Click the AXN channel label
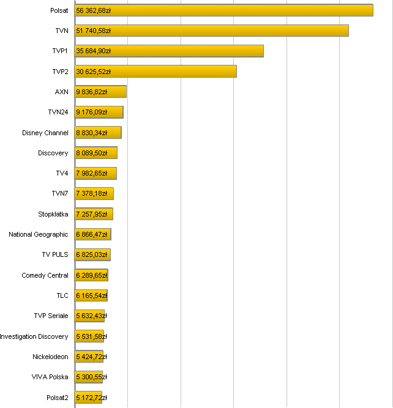point(62,92)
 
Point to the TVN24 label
point(58,112)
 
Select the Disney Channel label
point(45,133)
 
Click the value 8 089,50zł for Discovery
point(92,153)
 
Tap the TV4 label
point(62,173)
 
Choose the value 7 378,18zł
point(92,194)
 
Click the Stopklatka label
point(53,214)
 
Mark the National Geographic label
point(39,234)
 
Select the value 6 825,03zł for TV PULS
point(92,254)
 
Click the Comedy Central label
point(45,275)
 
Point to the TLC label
point(62,295)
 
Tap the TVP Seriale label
point(51,316)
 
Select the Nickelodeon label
point(51,357)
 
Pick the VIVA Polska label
point(50,377)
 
